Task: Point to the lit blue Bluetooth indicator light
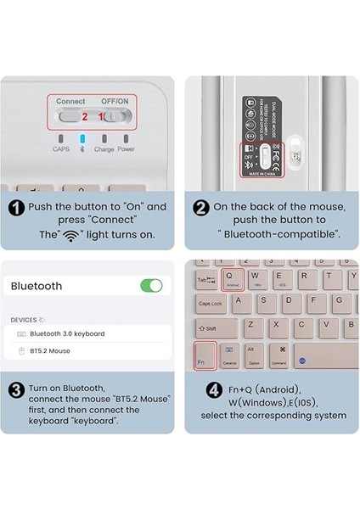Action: [x=82, y=138]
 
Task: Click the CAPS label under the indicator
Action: [x=60, y=149]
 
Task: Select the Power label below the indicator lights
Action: [x=126, y=149]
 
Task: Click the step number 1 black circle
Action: [x=16, y=207]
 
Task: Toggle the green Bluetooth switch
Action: [x=151, y=286]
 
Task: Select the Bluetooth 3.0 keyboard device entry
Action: [x=67, y=333]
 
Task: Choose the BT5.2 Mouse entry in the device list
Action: [x=50, y=350]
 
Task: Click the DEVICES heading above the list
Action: [x=24, y=320]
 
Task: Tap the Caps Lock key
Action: [x=211, y=304]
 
